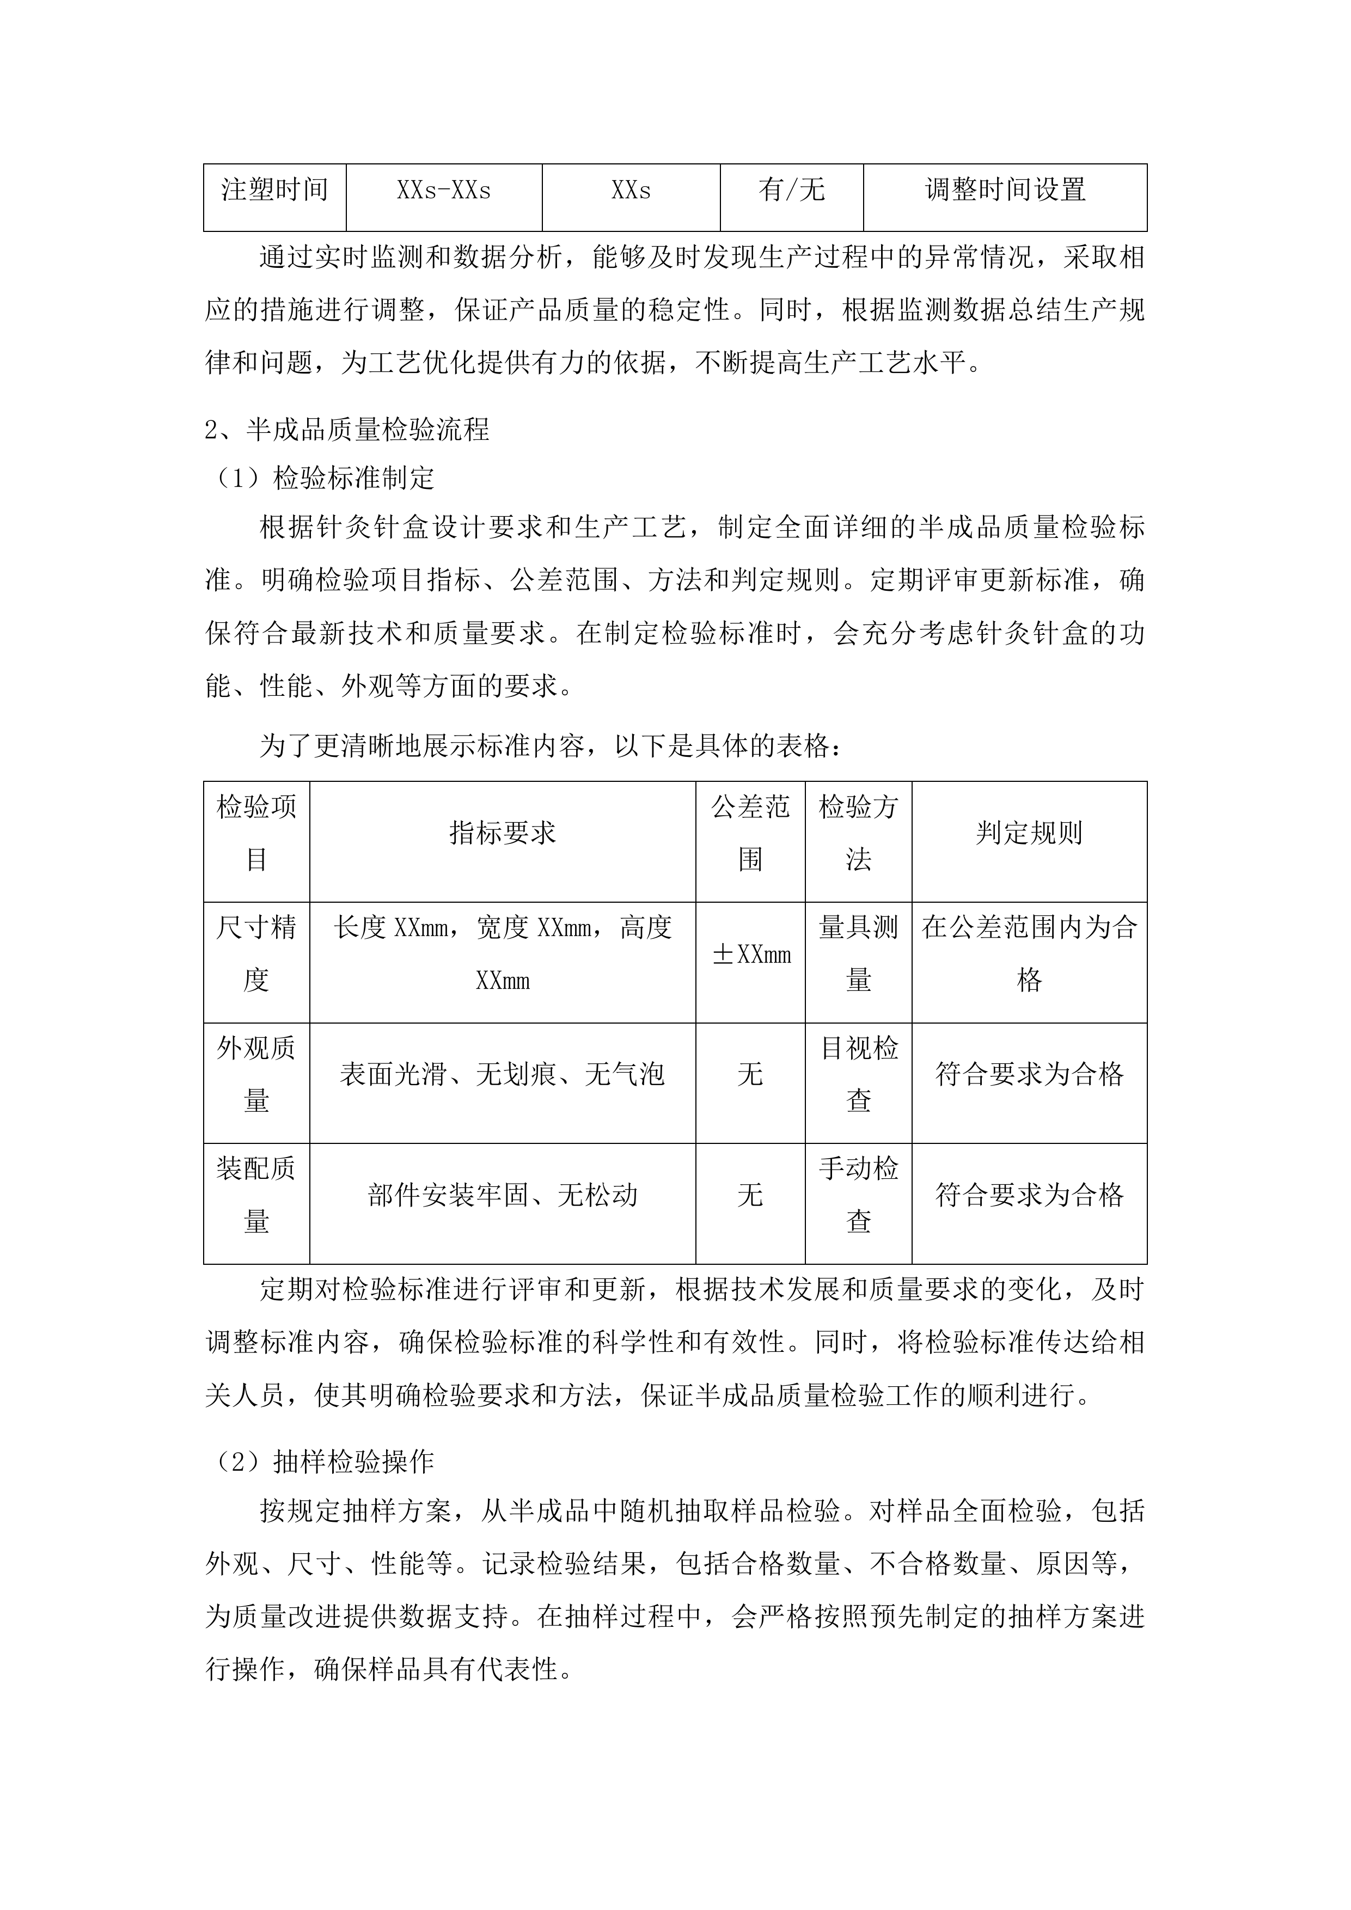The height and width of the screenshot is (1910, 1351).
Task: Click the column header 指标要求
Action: [x=503, y=832]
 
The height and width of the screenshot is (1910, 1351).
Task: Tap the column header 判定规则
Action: [x=1029, y=832]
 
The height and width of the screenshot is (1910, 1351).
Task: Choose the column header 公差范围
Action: [x=750, y=832]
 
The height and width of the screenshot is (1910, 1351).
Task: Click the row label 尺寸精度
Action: [x=256, y=953]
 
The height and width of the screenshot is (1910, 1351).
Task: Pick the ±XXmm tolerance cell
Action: [x=750, y=954]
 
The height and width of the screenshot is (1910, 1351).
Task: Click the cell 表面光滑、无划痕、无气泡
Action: [x=503, y=1074]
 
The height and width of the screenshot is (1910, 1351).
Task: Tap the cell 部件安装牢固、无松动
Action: [x=503, y=1196]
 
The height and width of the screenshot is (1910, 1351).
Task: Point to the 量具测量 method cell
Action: [x=859, y=953]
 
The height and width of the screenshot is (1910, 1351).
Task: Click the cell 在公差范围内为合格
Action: [x=1029, y=953]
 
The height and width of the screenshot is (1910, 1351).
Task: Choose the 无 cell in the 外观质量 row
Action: [x=750, y=1074]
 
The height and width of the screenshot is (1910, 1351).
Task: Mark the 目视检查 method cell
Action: [x=859, y=1074]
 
